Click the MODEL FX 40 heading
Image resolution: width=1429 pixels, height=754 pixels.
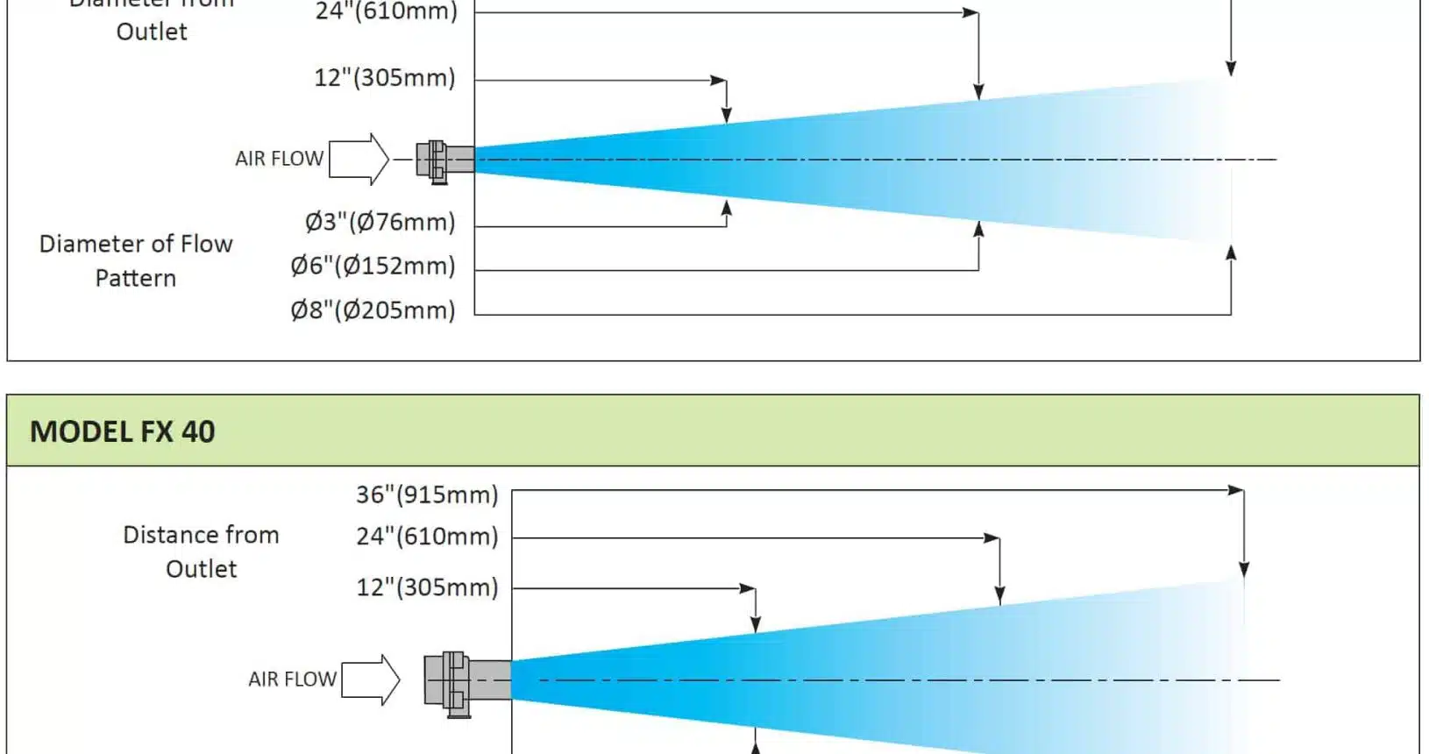(123, 431)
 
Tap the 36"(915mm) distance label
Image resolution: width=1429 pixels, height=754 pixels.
(426, 494)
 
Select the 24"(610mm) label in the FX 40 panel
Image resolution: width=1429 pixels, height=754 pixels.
(426, 536)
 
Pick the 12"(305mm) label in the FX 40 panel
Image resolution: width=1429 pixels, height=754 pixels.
(426, 587)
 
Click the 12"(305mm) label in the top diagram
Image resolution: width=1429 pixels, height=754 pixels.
(385, 78)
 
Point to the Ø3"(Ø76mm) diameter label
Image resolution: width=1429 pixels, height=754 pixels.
(380, 222)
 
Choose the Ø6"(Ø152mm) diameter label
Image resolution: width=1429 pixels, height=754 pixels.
(373, 266)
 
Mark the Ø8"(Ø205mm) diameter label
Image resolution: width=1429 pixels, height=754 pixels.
(373, 310)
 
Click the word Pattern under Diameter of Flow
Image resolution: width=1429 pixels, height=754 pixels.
(136, 279)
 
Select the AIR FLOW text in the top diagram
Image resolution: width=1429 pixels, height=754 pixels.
(279, 159)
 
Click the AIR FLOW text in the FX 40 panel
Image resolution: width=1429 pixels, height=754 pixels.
(292, 679)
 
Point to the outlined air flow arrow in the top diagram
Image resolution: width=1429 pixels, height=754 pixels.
(359, 159)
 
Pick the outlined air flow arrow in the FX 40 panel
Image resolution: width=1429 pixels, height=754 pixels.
(371, 679)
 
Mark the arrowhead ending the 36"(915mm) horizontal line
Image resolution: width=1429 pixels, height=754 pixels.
(1236, 490)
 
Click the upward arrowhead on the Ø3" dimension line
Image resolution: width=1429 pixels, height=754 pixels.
(727, 208)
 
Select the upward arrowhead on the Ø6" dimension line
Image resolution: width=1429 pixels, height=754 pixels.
(978, 229)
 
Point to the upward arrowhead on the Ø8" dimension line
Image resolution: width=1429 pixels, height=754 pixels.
(1231, 253)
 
